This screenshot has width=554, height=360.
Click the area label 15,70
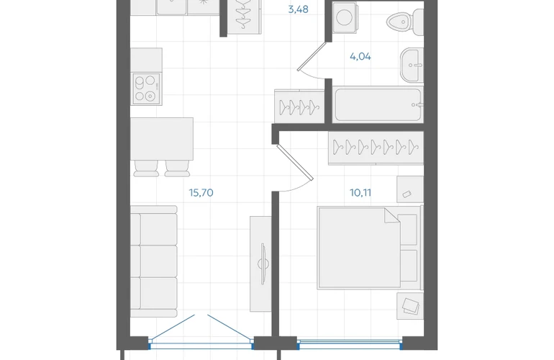click(x=201, y=193)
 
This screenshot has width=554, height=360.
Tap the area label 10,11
click(x=360, y=193)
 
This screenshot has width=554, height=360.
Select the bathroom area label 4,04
click(x=360, y=57)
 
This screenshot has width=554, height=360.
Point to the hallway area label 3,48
click(x=298, y=9)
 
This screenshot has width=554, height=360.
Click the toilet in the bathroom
click(x=405, y=22)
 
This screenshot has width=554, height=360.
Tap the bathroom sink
click(x=412, y=66)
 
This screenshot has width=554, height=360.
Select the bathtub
click(x=378, y=104)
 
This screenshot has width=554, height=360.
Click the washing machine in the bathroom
click(x=345, y=17)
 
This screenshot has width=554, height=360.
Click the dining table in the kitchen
click(x=162, y=139)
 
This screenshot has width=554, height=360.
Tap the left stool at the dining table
click(x=146, y=168)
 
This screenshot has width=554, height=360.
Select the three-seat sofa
click(x=154, y=261)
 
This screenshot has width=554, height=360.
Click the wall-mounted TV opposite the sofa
click(x=263, y=264)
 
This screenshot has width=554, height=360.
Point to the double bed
click(x=370, y=248)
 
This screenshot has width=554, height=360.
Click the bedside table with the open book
click(x=410, y=306)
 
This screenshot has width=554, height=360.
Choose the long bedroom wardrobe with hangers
click(x=376, y=148)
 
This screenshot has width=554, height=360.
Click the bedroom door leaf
click(x=295, y=162)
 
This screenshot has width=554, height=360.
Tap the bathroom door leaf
click(x=312, y=57)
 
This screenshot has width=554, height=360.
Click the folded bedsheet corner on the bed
click(x=391, y=215)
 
